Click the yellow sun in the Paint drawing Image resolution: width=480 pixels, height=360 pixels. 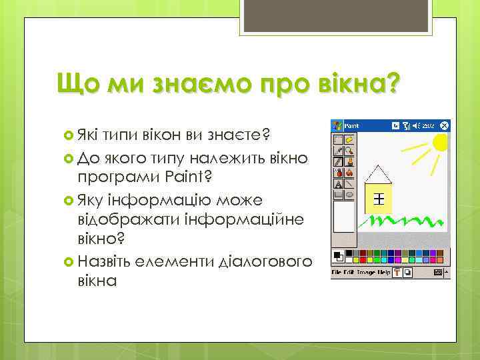tap(441, 142)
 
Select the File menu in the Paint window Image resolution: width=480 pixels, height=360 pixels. tap(337, 272)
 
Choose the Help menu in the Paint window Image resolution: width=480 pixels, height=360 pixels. tap(384, 272)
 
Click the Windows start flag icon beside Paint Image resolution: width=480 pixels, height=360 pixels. tap(337, 125)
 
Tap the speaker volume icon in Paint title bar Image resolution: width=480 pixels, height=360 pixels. tap(416, 125)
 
